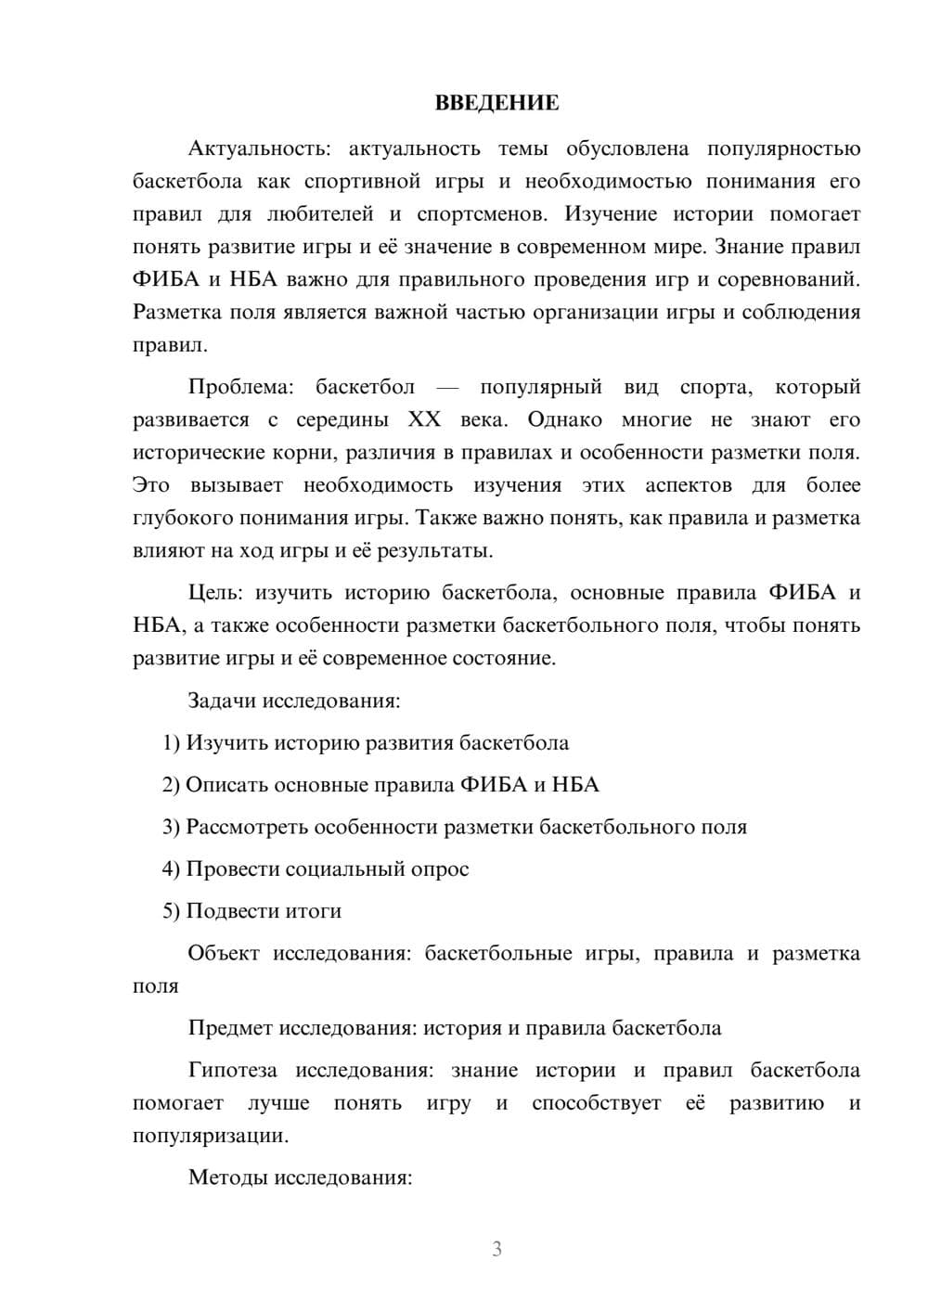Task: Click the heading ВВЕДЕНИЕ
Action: pyautogui.click(x=496, y=103)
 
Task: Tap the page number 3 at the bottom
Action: pyautogui.click(x=496, y=1249)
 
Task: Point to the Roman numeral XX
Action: pyautogui.click(x=424, y=419)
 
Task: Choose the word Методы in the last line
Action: pyautogui.click(x=227, y=1178)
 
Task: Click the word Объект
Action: pyautogui.click(x=224, y=954)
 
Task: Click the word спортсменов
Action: pyautogui.click(x=480, y=214)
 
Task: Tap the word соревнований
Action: pyautogui.click(x=790, y=280)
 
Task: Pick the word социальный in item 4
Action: pyautogui.click(x=343, y=869)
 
